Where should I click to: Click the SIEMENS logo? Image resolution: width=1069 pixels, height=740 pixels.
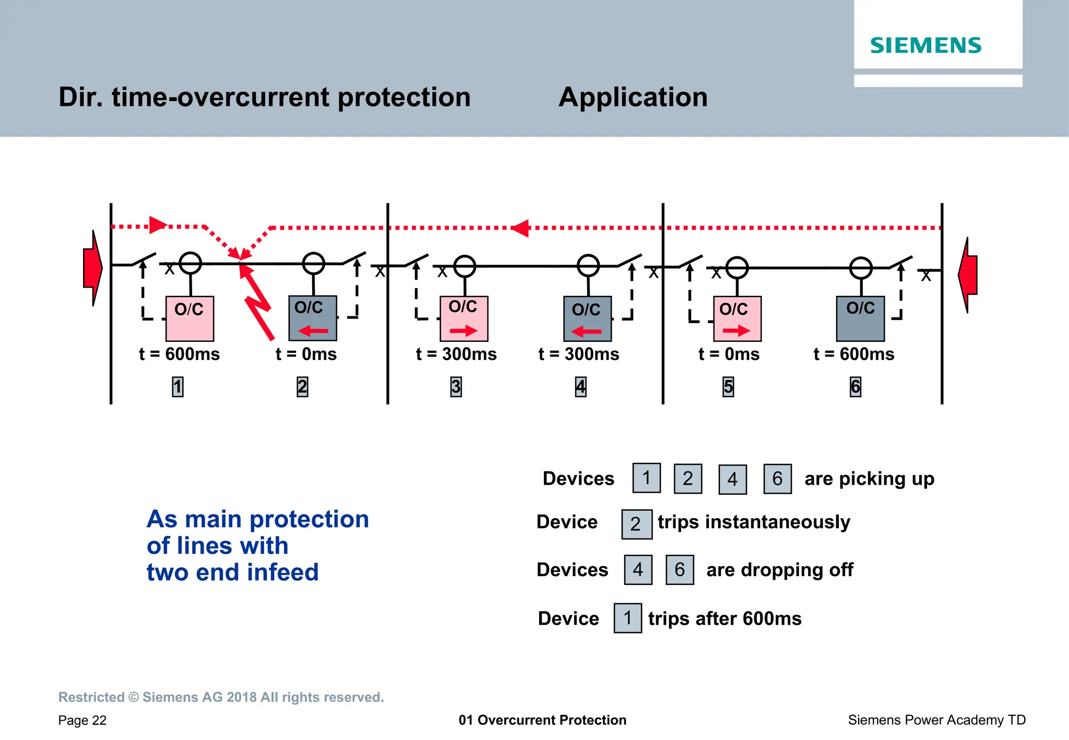(x=925, y=45)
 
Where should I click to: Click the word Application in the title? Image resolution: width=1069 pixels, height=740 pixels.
(x=633, y=97)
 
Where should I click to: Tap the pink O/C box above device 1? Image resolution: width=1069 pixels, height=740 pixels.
(x=189, y=318)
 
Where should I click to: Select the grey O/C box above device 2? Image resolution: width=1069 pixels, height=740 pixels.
(x=313, y=318)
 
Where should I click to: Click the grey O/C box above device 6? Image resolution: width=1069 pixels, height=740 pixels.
(x=860, y=318)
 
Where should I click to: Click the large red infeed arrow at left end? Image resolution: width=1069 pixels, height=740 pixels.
(x=92, y=268)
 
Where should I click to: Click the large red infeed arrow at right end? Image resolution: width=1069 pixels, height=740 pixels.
(x=968, y=275)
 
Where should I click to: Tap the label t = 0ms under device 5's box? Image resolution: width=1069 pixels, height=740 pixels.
(x=729, y=354)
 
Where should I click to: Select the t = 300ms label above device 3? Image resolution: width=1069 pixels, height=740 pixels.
(x=456, y=354)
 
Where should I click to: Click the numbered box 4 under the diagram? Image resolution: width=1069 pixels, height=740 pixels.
(x=580, y=387)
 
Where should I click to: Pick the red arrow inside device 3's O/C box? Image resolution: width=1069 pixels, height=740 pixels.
(x=464, y=331)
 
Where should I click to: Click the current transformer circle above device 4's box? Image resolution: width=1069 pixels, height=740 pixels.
(x=588, y=266)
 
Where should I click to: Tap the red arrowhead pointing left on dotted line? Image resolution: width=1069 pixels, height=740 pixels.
(x=520, y=228)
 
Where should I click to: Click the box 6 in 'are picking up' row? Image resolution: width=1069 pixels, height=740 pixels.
(x=777, y=479)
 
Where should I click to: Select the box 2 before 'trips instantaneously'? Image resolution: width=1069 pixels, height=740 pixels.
(x=636, y=524)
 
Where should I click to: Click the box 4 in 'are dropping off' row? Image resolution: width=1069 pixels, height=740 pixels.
(x=638, y=570)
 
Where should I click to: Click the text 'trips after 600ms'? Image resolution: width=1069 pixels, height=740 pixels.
(x=724, y=619)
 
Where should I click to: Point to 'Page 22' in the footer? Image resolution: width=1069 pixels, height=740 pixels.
(x=82, y=721)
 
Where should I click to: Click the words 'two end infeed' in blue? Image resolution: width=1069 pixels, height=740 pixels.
(x=232, y=572)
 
